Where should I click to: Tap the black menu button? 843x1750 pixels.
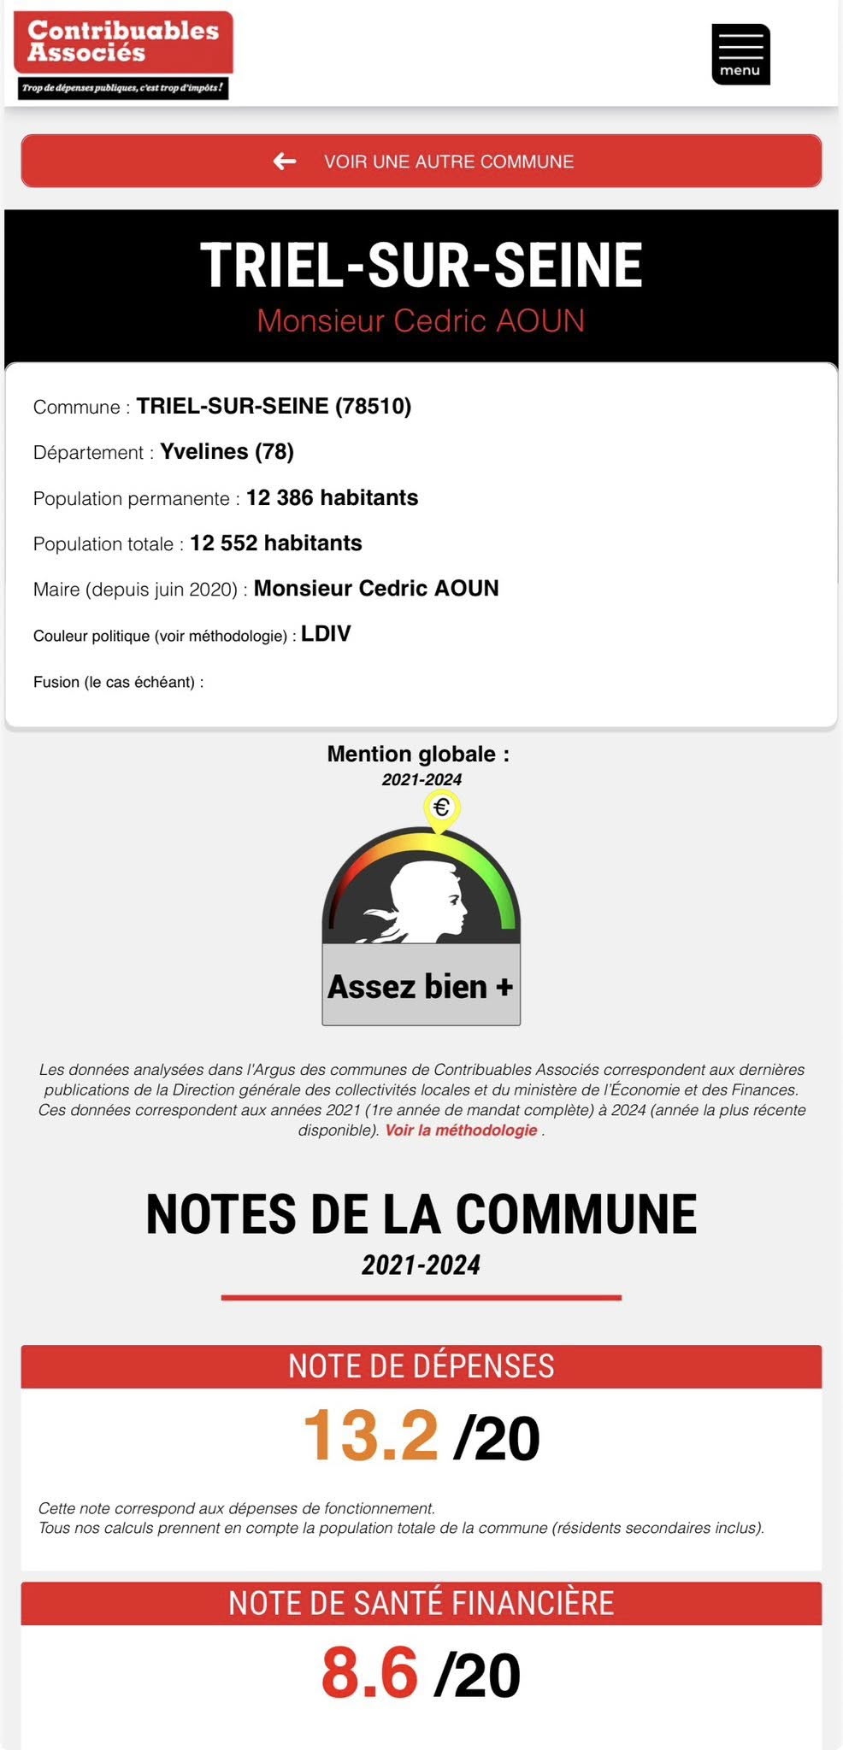coord(740,55)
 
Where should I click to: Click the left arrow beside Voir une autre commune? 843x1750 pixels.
coord(285,161)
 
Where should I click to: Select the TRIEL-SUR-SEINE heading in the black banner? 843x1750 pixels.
coord(421,266)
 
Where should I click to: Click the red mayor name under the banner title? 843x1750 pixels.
coord(421,321)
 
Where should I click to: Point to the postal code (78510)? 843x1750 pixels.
coord(373,406)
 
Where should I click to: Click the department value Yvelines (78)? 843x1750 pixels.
coord(227,452)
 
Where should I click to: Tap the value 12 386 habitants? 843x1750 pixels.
coord(332,498)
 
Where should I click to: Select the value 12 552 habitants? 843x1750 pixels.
coord(275,543)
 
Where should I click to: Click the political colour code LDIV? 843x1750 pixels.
coord(326,634)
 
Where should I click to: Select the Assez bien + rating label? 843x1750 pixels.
coord(421,987)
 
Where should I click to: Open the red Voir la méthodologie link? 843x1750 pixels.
coord(461,1130)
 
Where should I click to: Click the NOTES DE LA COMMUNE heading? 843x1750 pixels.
coord(421,1214)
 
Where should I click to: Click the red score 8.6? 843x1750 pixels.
coord(369,1673)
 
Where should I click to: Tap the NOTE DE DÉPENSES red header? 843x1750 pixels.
coord(421,1366)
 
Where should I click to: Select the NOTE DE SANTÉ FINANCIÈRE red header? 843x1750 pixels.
coord(421,1603)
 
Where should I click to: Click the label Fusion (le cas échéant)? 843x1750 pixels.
coord(118,682)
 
